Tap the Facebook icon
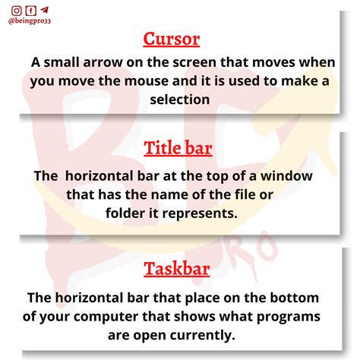click(x=30, y=11)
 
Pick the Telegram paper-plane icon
click(x=44, y=11)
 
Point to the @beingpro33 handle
click(x=31, y=23)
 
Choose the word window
click(x=290, y=175)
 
